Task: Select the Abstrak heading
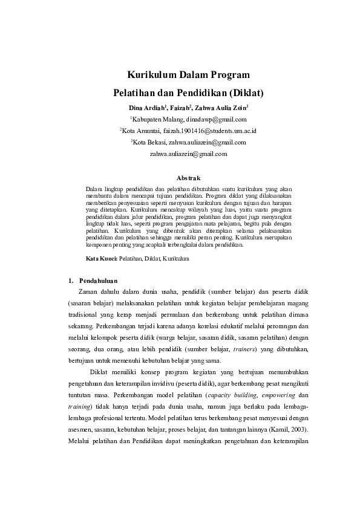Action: point(188,178)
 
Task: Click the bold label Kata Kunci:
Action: point(101,258)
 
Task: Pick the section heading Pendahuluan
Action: point(98,280)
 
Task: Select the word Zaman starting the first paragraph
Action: point(90,292)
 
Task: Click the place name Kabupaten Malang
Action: point(150,119)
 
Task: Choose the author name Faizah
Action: point(178,108)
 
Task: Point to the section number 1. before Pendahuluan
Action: point(71,280)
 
